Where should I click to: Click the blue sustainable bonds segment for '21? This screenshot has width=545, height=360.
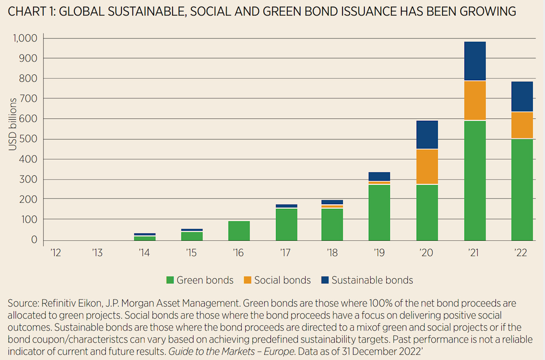tap(475, 61)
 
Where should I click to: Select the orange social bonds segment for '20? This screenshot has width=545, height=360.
tap(427, 166)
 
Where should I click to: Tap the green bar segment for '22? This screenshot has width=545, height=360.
tap(522, 189)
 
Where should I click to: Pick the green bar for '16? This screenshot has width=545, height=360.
tap(239, 231)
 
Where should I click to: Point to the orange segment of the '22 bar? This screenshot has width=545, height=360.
tap(522, 125)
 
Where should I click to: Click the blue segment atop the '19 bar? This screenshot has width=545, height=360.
tap(379, 176)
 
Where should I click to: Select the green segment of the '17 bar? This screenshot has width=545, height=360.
tap(287, 224)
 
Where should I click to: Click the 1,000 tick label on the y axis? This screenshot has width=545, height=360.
tap(25, 38)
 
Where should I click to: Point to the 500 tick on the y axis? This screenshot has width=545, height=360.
tap(28, 139)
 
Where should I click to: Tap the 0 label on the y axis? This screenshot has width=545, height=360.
tap(34, 240)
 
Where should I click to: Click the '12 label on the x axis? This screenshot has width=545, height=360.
tap(56, 253)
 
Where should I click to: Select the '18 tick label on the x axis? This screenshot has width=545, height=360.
tap(332, 253)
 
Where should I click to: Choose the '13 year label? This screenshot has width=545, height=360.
tap(97, 253)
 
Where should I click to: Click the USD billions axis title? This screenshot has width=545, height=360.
tap(13, 124)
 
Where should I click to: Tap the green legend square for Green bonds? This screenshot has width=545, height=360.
tap(170, 280)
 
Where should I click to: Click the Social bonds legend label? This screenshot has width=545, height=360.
tap(282, 280)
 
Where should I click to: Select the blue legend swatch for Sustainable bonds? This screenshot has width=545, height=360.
tap(325, 280)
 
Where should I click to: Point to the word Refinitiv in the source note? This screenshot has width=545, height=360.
tap(59, 303)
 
